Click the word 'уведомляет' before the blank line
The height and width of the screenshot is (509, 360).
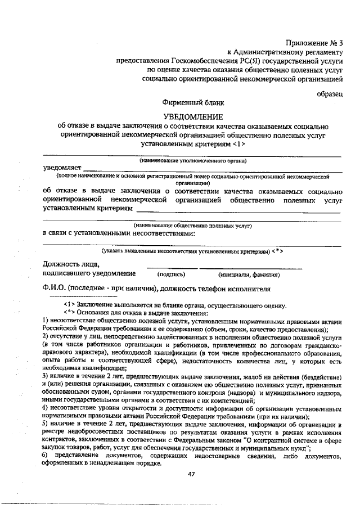(62, 168)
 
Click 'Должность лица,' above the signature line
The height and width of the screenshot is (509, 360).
(71, 263)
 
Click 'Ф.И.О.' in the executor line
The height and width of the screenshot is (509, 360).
(55, 289)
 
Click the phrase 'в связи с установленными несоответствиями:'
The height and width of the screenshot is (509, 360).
(119, 233)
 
